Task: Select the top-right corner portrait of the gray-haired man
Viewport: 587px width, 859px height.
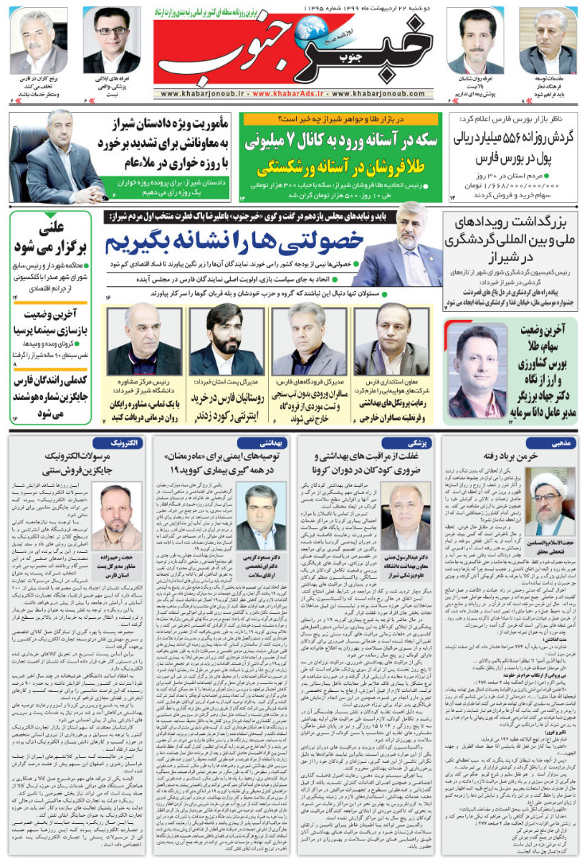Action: pyautogui.click(x=546, y=41)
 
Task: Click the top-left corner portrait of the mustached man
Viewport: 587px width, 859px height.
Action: pyautogui.click(x=38, y=41)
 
